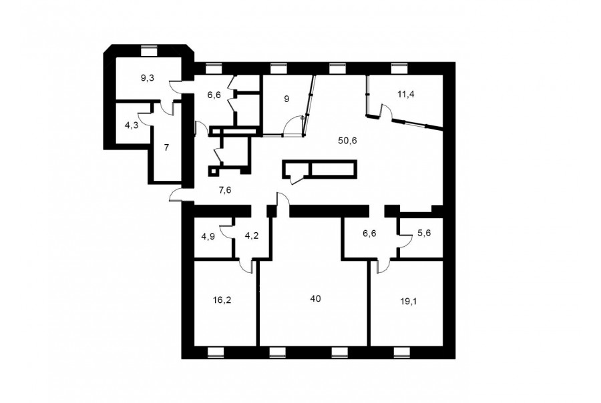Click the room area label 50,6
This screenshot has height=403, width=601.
pos(348,141)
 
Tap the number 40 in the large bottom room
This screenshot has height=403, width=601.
pos(315,298)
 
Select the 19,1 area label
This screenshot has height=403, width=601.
pos(408,301)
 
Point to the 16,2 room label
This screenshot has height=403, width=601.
pos(222,300)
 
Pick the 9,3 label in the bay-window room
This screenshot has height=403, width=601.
pos(148,79)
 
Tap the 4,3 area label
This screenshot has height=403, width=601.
pos(132,125)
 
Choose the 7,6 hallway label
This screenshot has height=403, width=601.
pos(224,189)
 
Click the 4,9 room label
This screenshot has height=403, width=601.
pos(208,236)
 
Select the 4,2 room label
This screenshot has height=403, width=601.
pos(252,236)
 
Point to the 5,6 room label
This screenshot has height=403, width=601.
pos(424,233)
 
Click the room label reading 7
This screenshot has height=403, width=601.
pos(166,148)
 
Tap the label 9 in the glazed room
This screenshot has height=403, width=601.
pos(286,99)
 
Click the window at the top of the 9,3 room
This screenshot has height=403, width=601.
pos(150,51)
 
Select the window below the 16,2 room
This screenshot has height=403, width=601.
pos(216,352)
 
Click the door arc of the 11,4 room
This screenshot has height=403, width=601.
pos(387,111)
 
